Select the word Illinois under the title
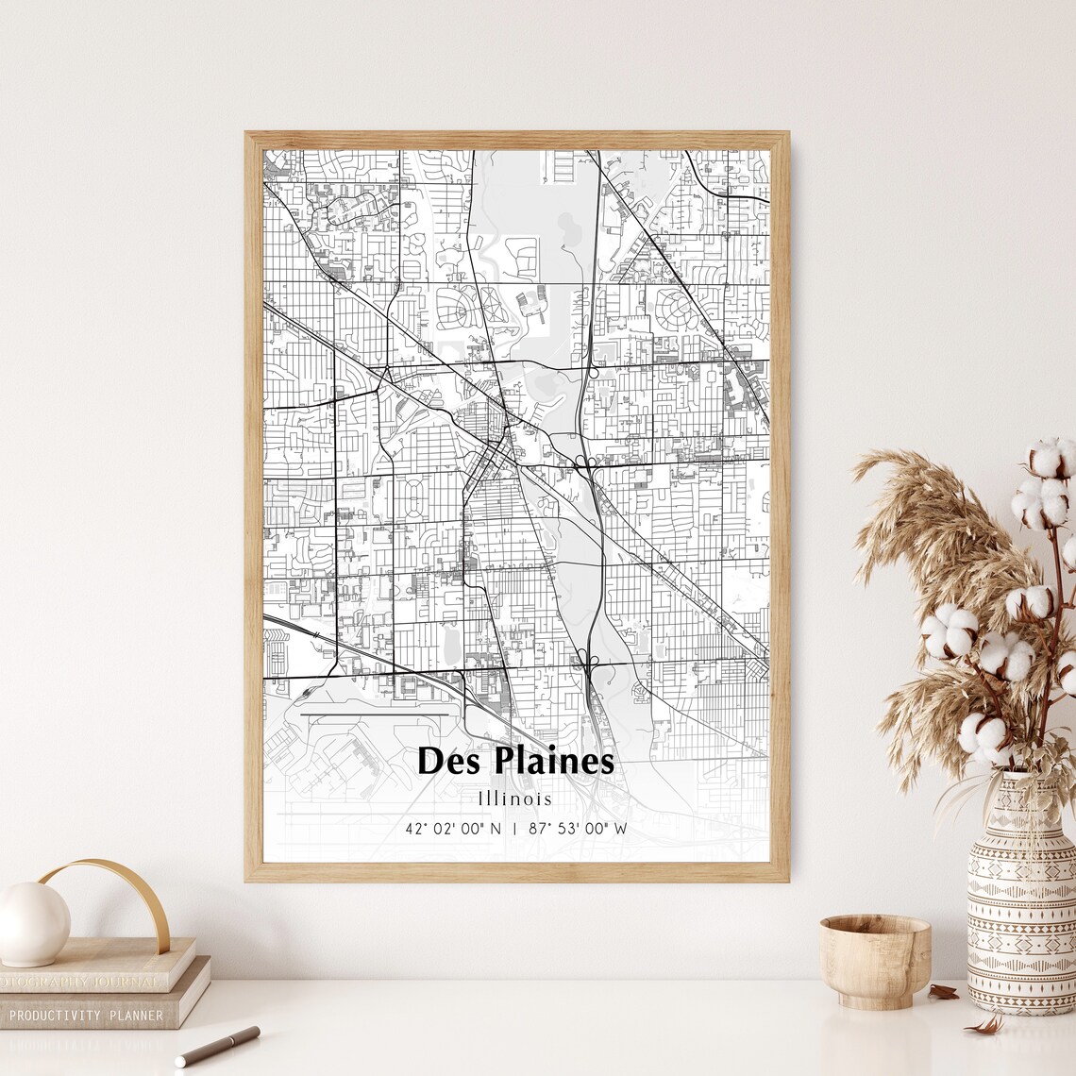tap(515, 799)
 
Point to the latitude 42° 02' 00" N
tap(453, 829)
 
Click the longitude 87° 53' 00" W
tap(578, 829)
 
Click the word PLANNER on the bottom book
tap(135, 1016)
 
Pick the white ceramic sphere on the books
tap(33, 923)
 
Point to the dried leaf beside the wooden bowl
tap(942, 991)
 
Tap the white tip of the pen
tap(180, 1062)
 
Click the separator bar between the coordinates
tap(514, 829)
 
